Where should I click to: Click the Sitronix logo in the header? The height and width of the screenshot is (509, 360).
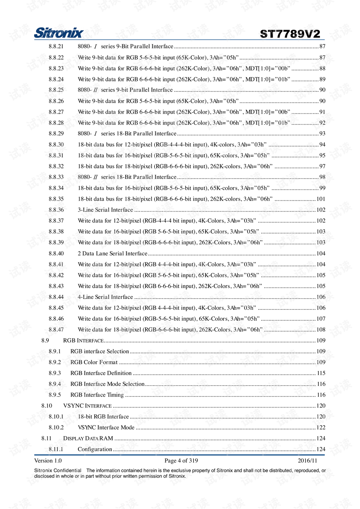58,33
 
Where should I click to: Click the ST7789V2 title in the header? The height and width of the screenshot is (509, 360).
290,34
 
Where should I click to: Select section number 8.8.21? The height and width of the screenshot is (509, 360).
56,47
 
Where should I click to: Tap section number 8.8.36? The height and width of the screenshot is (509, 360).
56,210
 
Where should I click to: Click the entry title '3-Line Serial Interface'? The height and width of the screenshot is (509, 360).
105,210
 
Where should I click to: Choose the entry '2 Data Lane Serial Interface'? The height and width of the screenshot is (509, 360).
112,254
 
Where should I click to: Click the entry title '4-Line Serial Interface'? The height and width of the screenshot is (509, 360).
105,297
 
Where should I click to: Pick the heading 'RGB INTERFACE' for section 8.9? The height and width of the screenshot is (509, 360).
83,341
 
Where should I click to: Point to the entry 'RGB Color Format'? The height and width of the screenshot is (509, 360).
94,362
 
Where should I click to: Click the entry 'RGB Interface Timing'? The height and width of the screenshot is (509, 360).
97,395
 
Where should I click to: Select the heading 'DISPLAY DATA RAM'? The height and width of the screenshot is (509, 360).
88,438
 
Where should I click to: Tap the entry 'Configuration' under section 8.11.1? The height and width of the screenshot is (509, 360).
94,449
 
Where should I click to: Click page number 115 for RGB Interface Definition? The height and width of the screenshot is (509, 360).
321,373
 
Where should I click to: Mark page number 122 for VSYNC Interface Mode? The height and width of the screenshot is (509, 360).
321,428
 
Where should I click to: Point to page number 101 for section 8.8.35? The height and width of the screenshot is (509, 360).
321,199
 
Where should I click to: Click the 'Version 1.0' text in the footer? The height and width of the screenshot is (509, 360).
48,461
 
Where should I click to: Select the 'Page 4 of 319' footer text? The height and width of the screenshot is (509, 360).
181,461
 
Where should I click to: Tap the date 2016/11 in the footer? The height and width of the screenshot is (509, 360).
307,461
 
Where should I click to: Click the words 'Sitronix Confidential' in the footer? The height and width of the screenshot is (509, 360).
58,470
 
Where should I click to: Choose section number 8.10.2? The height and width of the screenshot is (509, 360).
56,428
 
